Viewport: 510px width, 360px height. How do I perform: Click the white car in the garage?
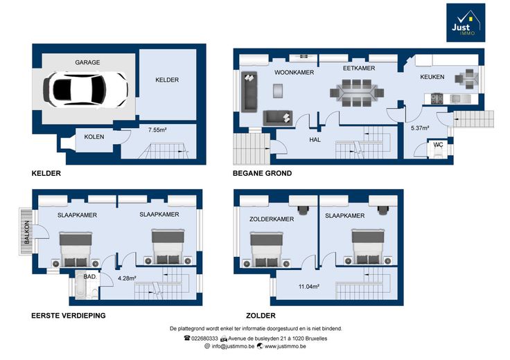85,89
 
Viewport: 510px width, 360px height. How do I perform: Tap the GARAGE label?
87,62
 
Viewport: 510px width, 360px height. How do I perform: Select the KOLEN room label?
94,137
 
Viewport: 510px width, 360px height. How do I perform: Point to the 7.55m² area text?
157,130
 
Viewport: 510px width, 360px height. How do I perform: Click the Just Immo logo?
466,23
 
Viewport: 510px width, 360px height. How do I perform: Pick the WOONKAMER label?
294,73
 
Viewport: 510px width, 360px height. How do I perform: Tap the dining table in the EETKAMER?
357,93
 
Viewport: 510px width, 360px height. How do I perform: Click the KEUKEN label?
432,77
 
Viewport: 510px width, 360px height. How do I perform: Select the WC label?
438,145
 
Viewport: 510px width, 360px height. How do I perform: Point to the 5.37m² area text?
420,128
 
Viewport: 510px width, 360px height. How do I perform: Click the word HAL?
315,140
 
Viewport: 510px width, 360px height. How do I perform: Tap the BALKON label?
27,233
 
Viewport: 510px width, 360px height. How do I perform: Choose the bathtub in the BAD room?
80,286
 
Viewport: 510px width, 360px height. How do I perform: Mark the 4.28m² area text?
127,278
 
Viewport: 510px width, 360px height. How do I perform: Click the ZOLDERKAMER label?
272,219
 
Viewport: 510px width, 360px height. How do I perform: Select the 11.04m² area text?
308,287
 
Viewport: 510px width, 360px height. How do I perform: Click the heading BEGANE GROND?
262,174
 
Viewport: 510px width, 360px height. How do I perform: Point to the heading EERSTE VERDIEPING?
69,316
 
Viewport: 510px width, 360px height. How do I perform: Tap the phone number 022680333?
204,339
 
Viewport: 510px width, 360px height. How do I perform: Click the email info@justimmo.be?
233,346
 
